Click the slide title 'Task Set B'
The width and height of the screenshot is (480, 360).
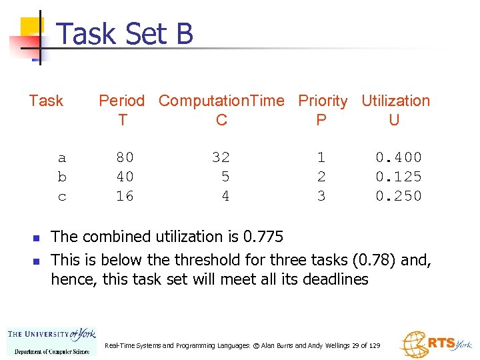click(125, 34)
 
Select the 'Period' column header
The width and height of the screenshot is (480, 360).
click(121, 101)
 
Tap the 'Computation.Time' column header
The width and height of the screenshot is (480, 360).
click(221, 101)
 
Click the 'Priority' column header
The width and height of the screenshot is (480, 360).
click(323, 101)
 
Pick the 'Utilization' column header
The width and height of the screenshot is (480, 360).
click(395, 101)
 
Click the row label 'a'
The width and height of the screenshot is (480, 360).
click(62, 158)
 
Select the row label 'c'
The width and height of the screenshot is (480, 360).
click(62, 197)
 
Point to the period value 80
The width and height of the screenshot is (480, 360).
click(125, 158)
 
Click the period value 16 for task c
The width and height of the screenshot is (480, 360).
click(125, 196)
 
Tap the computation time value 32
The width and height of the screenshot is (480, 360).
click(221, 158)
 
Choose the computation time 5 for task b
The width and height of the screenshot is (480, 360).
click(225, 177)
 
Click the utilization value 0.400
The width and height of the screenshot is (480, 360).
click(398, 158)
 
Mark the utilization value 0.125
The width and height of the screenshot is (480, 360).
click(398, 177)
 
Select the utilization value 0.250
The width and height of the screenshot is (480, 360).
click(398, 196)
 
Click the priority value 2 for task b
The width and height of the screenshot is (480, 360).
click(321, 177)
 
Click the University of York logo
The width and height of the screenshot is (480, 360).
click(52, 340)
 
